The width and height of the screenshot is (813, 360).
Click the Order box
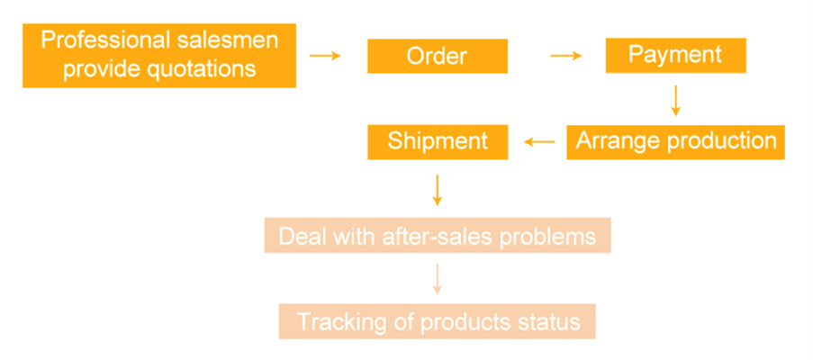click(437, 57)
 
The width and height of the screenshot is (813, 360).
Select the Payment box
click(674, 55)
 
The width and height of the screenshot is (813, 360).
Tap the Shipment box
click(438, 141)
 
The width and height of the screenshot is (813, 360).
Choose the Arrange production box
click(675, 141)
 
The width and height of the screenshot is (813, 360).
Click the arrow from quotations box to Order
click(325, 56)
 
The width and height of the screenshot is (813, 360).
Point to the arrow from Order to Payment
click(566, 56)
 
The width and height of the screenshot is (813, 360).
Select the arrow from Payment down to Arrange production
click(675, 100)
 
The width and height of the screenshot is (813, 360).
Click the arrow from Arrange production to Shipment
click(540, 142)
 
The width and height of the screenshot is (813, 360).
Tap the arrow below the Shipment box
click(438, 188)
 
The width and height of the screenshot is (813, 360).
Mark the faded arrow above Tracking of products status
click(438, 279)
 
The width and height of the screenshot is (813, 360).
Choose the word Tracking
click(336, 321)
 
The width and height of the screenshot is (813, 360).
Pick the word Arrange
click(615, 141)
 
